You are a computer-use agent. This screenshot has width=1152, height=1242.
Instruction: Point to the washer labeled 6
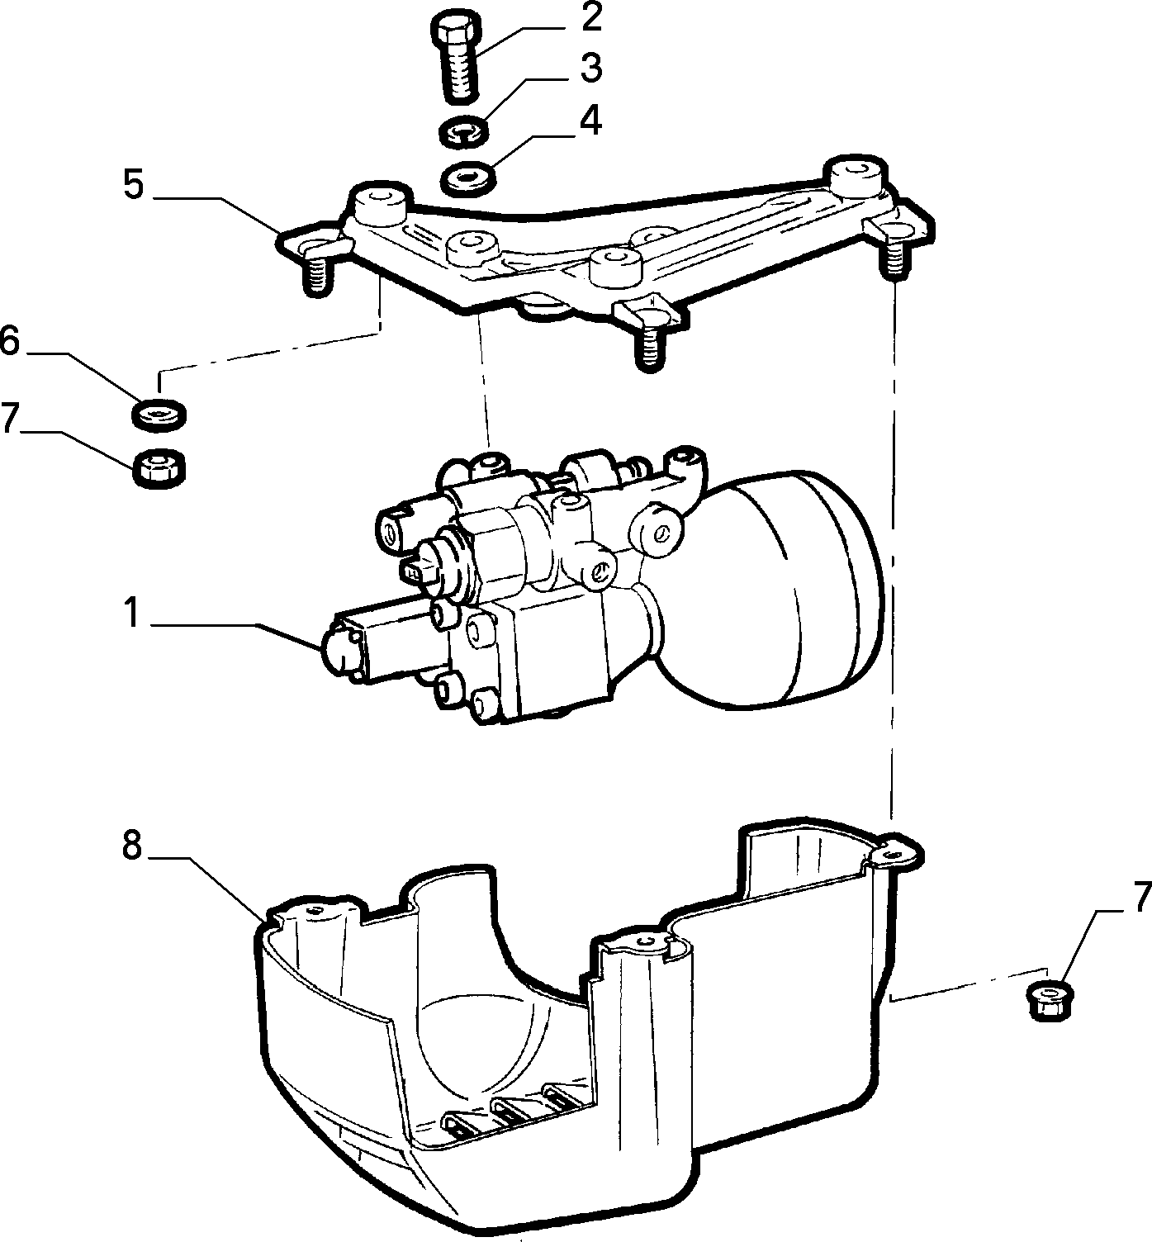tap(159, 413)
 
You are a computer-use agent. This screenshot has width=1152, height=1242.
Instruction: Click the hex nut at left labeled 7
tap(159, 467)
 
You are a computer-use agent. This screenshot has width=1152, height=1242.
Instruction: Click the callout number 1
tap(131, 613)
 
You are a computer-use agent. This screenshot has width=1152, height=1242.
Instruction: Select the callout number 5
tap(133, 186)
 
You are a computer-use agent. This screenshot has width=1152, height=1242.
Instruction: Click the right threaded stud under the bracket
tap(893, 256)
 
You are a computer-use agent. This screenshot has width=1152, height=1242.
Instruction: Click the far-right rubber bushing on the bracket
tap(855, 175)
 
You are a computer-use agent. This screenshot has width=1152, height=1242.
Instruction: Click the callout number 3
tap(590, 69)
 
